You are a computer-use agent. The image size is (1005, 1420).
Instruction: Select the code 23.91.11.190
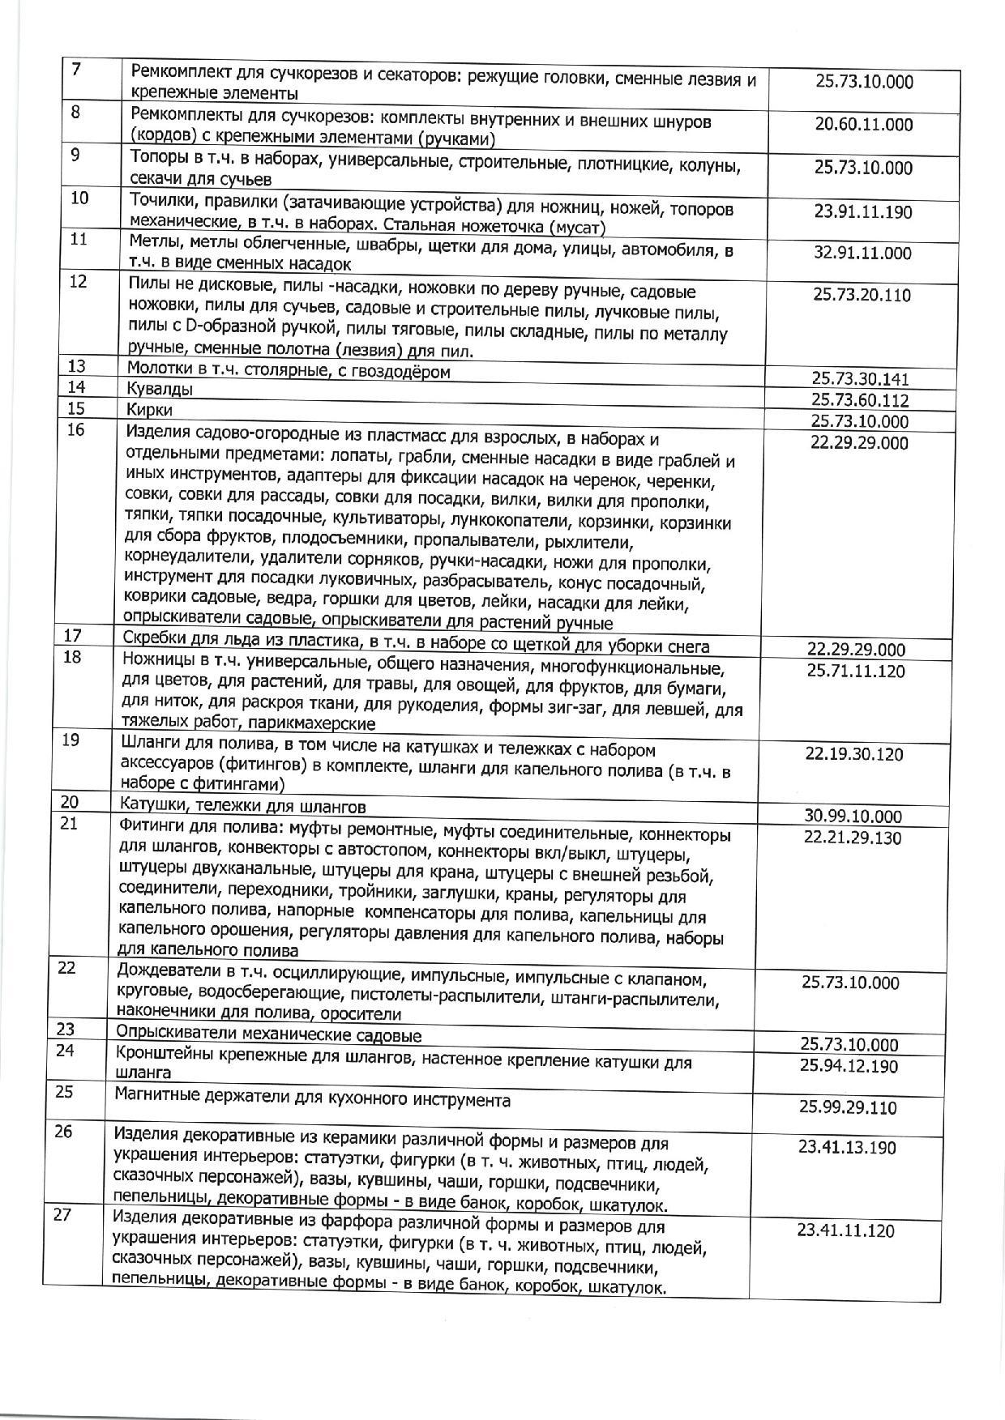[x=862, y=212]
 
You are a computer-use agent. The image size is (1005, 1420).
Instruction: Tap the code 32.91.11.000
[x=862, y=253]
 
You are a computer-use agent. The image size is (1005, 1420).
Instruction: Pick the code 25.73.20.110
[x=862, y=295]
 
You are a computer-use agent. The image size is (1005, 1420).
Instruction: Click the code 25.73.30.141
[x=860, y=378]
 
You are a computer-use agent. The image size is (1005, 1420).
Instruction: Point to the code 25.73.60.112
[x=860, y=400]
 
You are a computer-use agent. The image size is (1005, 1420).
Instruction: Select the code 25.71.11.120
[x=856, y=671]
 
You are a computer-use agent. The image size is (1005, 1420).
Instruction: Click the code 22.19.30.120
[x=854, y=754]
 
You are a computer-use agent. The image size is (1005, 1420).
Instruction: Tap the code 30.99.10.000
[x=853, y=817]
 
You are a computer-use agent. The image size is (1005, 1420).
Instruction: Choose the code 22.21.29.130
[x=853, y=838]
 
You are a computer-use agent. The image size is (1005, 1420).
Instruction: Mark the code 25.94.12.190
[x=849, y=1066]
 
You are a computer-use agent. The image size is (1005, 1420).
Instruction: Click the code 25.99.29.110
[x=848, y=1107]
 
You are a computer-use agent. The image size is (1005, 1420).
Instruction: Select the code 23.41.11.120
[x=845, y=1231]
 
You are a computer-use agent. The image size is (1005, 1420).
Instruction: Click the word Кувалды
[x=160, y=390]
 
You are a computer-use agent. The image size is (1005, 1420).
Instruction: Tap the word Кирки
[x=150, y=410]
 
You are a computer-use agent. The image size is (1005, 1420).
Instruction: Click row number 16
[x=75, y=430]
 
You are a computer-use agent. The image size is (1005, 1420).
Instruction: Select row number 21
[x=70, y=825]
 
